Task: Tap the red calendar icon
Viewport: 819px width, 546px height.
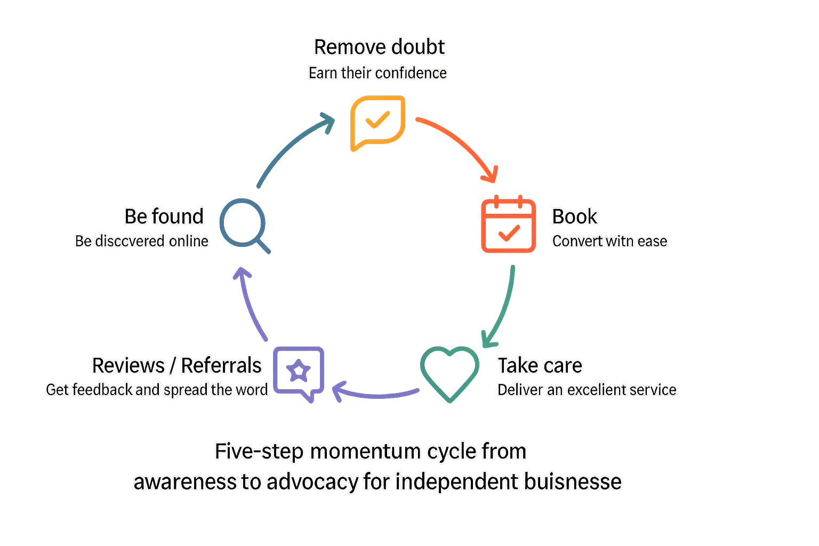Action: point(509,225)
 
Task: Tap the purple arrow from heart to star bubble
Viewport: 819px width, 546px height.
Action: point(376,394)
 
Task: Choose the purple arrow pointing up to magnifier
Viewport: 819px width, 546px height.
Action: point(251,304)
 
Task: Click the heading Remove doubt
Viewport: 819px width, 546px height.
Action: point(379,47)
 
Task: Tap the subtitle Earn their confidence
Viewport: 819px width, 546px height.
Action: point(378,73)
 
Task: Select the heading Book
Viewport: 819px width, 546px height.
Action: point(574,216)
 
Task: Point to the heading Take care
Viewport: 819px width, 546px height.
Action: point(540,366)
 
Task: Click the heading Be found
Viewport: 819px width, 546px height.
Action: point(164,216)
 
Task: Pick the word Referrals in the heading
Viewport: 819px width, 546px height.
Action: point(221,366)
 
